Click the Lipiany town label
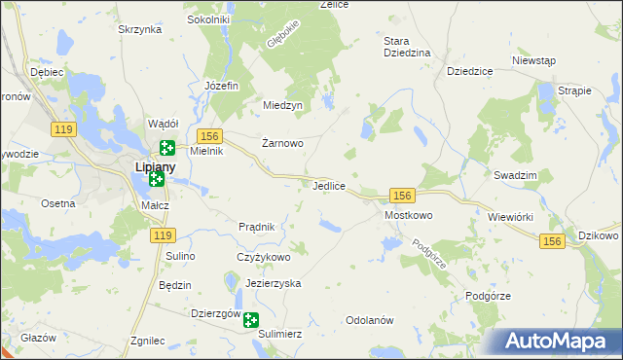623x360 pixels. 154,167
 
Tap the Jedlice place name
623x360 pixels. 331,185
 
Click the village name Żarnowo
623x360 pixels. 283,143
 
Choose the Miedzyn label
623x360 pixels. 283,105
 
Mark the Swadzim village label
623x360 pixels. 516,174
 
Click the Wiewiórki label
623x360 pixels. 511,216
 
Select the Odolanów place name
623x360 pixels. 369,320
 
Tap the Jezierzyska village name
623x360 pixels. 274,283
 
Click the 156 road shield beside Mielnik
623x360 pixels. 210,135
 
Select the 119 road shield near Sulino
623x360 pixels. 163,235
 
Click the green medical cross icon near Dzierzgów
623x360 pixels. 251,320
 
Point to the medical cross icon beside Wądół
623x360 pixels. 166,148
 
